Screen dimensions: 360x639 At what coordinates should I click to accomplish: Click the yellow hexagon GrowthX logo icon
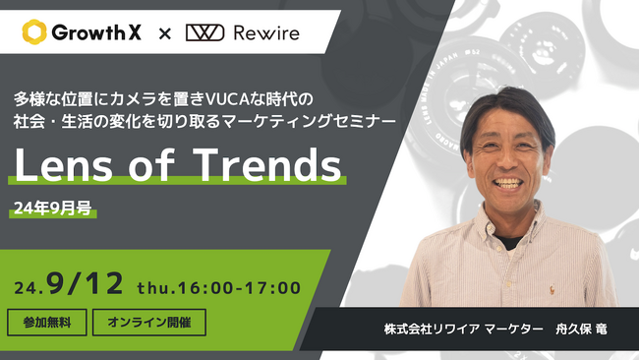(34, 32)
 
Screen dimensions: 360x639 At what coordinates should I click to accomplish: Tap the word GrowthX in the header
(96, 32)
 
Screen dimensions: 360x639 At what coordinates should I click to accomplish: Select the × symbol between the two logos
(164, 33)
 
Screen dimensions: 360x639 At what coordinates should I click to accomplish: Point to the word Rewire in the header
(267, 32)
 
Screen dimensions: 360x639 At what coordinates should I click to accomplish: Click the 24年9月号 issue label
(52, 209)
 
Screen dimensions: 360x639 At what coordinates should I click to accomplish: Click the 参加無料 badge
(47, 322)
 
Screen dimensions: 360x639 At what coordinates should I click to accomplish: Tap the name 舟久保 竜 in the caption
(584, 329)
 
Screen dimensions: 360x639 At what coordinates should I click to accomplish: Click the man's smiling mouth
(508, 183)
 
